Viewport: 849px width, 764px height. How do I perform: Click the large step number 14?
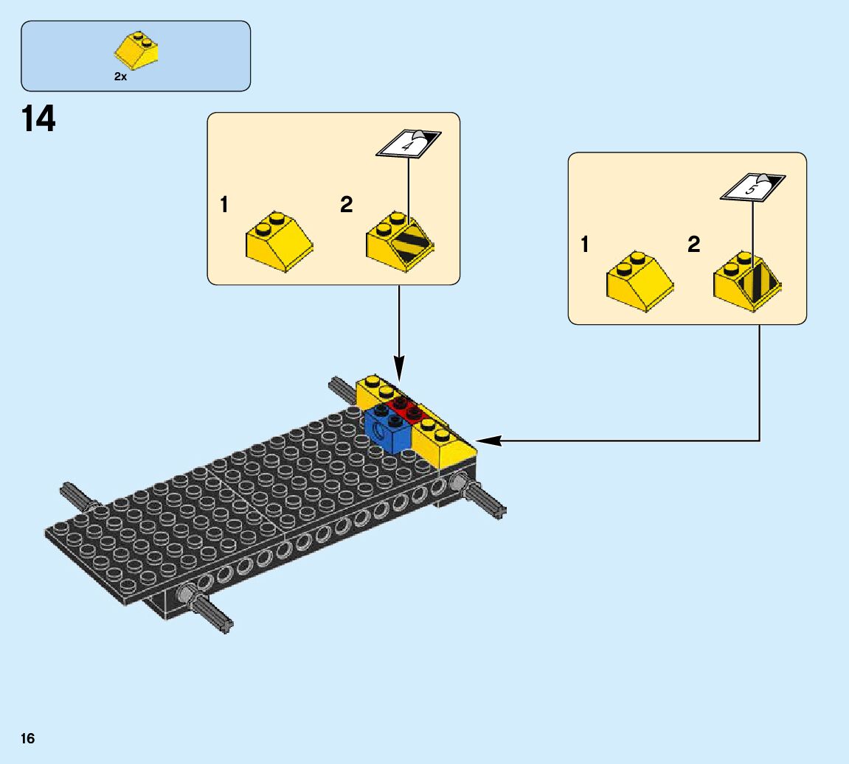coord(38,119)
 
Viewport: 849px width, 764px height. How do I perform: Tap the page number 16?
coord(28,739)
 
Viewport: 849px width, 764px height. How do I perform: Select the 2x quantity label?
coord(120,77)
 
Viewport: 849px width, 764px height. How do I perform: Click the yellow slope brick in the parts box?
coord(137,51)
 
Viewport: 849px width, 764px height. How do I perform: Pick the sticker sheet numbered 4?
coord(408,143)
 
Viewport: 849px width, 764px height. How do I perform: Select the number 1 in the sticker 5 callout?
coord(585,245)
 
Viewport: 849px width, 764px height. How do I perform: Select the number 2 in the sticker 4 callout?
coord(346,205)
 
